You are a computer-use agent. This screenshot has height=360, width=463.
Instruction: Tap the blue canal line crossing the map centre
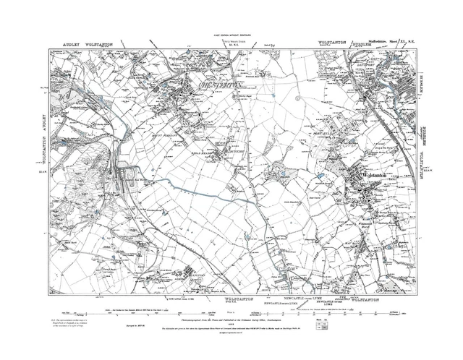click(203, 184)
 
